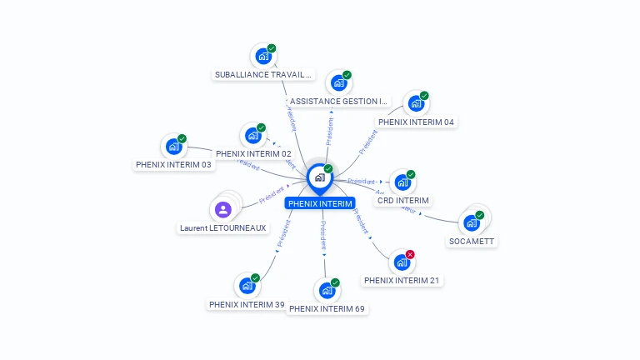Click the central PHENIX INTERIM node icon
point(319,177)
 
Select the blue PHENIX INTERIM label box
point(320,203)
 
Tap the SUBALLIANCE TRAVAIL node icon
point(263,57)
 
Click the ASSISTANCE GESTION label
point(338,102)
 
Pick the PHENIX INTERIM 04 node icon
point(415,104)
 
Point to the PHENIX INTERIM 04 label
point(416,122)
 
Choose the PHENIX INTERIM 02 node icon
point(252,136)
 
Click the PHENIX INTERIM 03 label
point(173,164)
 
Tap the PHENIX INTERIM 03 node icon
point(173,147)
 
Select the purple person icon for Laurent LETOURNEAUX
point(222,209)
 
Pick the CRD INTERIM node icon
point(402,182)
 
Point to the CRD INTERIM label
point(403,201)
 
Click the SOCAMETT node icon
point(472,222)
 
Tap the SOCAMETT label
point(472,242)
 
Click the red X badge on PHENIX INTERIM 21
point(410,254)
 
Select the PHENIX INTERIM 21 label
point(402,281)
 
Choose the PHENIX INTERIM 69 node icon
point(326,291)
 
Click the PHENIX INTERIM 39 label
point(247,304)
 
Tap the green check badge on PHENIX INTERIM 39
point(255,277)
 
